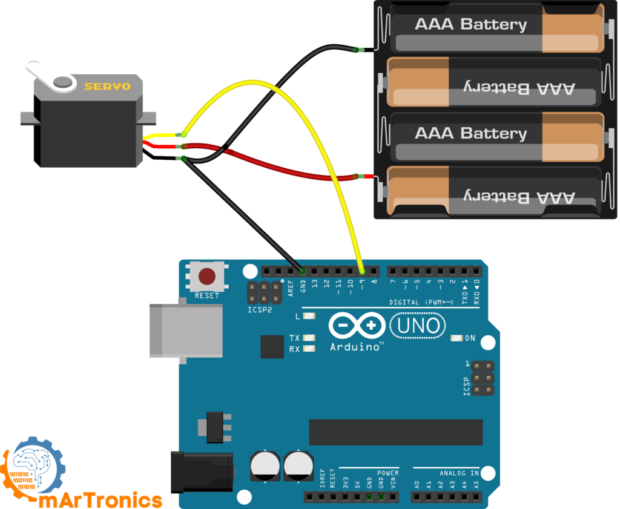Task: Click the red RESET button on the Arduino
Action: click(x=207, y=277)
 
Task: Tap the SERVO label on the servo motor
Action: click(x=107, y=87)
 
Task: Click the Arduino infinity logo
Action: click(x=357, y=326)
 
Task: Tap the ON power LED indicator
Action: click(x=457, y=338)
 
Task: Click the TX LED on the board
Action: click(x=309, y=338)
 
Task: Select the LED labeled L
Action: click(x=309, y=317)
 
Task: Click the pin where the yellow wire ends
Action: click(x=362, y=271)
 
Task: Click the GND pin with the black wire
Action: click(x=303, y=271)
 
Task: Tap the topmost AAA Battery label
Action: click(x=470, y=25)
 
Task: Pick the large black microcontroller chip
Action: click(x=395, y=432)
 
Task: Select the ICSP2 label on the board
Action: click(x=260, y=310)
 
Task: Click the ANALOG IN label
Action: click(x=459, y=473)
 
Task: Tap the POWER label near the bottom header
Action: click(x=387, y=473)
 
